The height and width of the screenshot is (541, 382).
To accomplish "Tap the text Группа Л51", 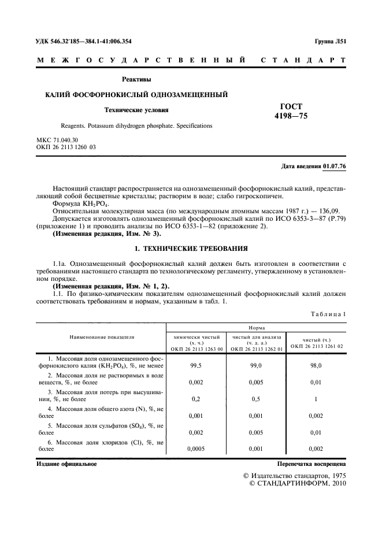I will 330,42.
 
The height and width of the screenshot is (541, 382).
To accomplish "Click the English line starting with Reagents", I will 136,125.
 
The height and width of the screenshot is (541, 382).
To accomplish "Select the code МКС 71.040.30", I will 57,141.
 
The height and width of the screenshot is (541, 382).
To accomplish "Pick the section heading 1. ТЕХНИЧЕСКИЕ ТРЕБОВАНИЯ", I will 191,249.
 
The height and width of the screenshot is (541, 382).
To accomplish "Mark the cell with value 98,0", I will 316,365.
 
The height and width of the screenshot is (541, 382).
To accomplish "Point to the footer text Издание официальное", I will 66,464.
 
